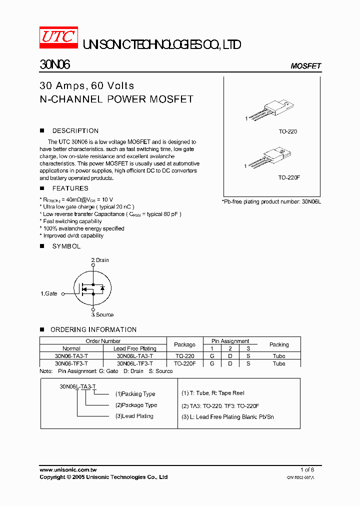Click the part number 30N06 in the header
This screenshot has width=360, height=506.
55,65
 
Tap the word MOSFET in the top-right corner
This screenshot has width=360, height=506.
305,66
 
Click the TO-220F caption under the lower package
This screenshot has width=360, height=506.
289,177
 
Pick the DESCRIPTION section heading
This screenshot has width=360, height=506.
75,131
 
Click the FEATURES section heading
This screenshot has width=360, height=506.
70,188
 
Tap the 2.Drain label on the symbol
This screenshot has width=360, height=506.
100,260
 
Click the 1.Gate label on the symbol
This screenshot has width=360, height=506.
49,293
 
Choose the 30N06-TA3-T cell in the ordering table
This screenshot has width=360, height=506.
71,356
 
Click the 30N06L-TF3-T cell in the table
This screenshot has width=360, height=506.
134,363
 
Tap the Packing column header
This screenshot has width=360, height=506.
278,344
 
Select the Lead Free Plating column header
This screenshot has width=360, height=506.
134,348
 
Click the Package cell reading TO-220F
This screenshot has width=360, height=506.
184,363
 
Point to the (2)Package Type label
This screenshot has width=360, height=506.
136,405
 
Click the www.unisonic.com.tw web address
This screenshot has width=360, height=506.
68,469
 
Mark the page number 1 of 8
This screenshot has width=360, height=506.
307,469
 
